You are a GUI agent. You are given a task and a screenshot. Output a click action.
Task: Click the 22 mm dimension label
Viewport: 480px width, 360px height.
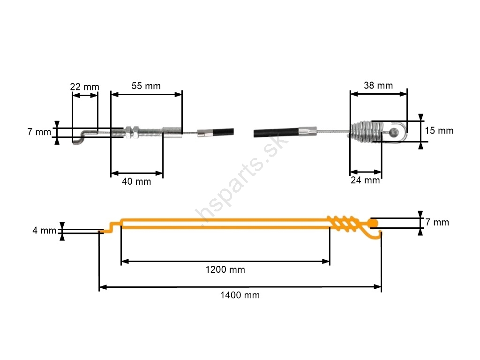coord(84,87)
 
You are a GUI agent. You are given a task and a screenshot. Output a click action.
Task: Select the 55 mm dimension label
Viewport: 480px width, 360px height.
coord(146,86)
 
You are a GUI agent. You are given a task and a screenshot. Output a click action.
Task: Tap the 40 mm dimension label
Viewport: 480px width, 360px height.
coord(136,181)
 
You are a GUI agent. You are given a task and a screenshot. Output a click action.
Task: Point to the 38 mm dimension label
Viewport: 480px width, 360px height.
coord(378,85)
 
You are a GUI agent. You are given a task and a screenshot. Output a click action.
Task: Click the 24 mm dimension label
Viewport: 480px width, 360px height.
coord(365,180)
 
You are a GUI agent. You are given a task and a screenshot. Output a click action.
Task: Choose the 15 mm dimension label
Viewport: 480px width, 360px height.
coord(439,130)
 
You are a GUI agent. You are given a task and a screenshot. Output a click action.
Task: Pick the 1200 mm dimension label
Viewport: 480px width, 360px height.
coord(225,270)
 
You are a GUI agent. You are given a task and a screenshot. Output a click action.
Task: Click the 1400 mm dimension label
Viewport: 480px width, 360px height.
coord(240,295)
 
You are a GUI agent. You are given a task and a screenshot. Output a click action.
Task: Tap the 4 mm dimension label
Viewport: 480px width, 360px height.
coord(45,231)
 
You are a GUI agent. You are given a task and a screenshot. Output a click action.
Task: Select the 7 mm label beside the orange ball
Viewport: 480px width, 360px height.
coord(437,222)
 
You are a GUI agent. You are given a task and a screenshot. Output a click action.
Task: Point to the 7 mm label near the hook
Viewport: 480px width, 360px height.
coord(39,132)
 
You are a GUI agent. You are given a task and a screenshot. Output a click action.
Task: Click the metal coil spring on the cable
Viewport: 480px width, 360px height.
coord(367,132)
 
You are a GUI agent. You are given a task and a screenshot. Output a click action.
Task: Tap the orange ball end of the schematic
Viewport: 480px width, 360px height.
coord(373,223)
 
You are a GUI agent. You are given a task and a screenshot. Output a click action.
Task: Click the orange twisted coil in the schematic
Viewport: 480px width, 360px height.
coord(343,223)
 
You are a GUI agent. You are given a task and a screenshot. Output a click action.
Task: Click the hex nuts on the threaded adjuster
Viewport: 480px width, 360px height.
coord(132,132)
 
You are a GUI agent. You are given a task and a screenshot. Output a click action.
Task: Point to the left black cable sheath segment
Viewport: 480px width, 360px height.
coord(223,132)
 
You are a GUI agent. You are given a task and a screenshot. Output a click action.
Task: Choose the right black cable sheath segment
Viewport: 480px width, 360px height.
coord(276,132)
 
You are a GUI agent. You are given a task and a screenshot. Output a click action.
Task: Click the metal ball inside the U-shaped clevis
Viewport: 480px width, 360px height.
coord(394,132)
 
